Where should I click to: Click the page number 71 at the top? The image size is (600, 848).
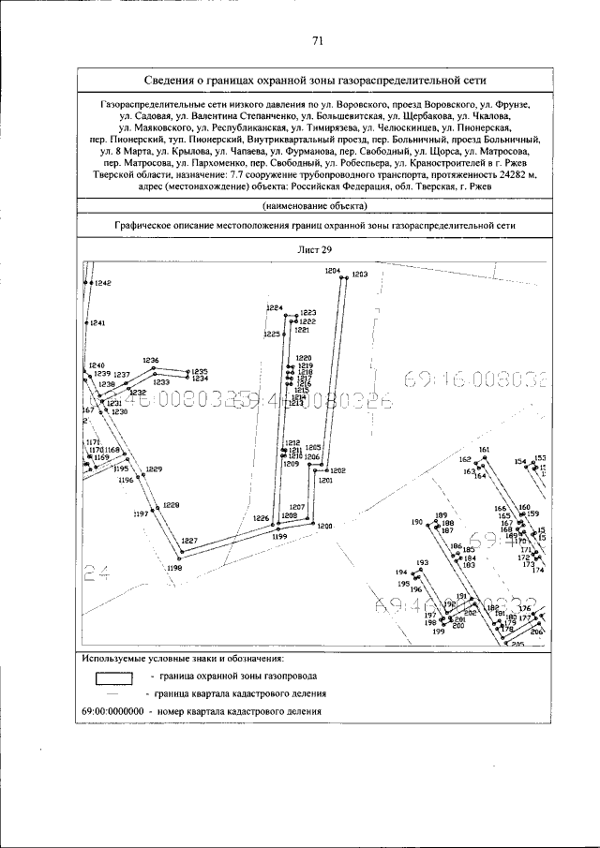[318, 40]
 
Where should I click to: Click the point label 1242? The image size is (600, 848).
[102, 283]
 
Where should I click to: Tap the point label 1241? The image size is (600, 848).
[97, 322]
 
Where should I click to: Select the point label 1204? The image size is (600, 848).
[333, 270]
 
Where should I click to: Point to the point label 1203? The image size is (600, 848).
[359, 274]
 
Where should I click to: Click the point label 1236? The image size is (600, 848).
[151, 361]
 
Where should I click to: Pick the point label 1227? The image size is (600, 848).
[189, 541]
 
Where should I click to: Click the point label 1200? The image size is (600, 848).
[325, 527]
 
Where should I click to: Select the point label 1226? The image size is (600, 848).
[261, 518]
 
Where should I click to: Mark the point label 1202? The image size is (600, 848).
[338, 469]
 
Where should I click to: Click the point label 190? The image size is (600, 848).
[418, 522]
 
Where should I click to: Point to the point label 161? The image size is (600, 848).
[485, 451]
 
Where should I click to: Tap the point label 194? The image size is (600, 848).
[401, 573]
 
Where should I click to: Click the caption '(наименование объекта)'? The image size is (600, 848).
[315, 205]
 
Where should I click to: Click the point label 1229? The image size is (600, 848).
[154, 469]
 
